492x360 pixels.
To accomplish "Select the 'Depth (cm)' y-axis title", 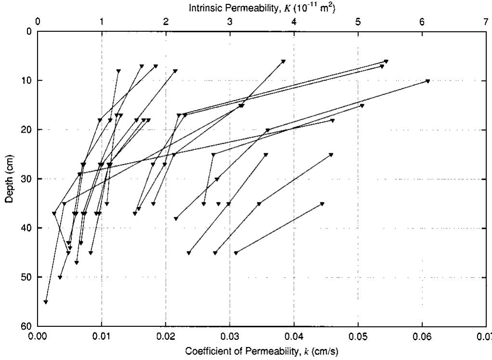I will click(9, 178).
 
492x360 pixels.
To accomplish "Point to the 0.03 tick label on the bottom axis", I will click(230, 336).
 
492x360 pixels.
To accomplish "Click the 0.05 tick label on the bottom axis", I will click(358, 336).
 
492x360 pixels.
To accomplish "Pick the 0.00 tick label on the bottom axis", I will click(38, 336).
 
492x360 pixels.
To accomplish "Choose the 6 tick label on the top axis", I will click(422, 21).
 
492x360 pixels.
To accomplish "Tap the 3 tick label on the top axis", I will click(230, 21).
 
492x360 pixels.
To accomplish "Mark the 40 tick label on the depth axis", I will click(26, 228).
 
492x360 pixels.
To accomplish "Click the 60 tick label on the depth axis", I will click(26, 326).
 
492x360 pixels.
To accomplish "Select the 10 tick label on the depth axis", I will click(26, 80).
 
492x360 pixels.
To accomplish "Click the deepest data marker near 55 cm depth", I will click(46, 302).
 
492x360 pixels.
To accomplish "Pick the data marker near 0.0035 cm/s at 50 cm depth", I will click(60, 277).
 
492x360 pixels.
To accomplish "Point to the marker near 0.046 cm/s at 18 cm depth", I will click(332, 121).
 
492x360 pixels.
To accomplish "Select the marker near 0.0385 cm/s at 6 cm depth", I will click(283, 61).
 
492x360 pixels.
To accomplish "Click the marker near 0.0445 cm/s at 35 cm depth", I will click(322, 204).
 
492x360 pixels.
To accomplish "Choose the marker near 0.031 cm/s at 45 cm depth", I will click(236, 253).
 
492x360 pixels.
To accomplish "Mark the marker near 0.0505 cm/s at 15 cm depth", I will click(362, 106).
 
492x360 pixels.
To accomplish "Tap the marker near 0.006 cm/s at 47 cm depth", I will click(76, 262).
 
